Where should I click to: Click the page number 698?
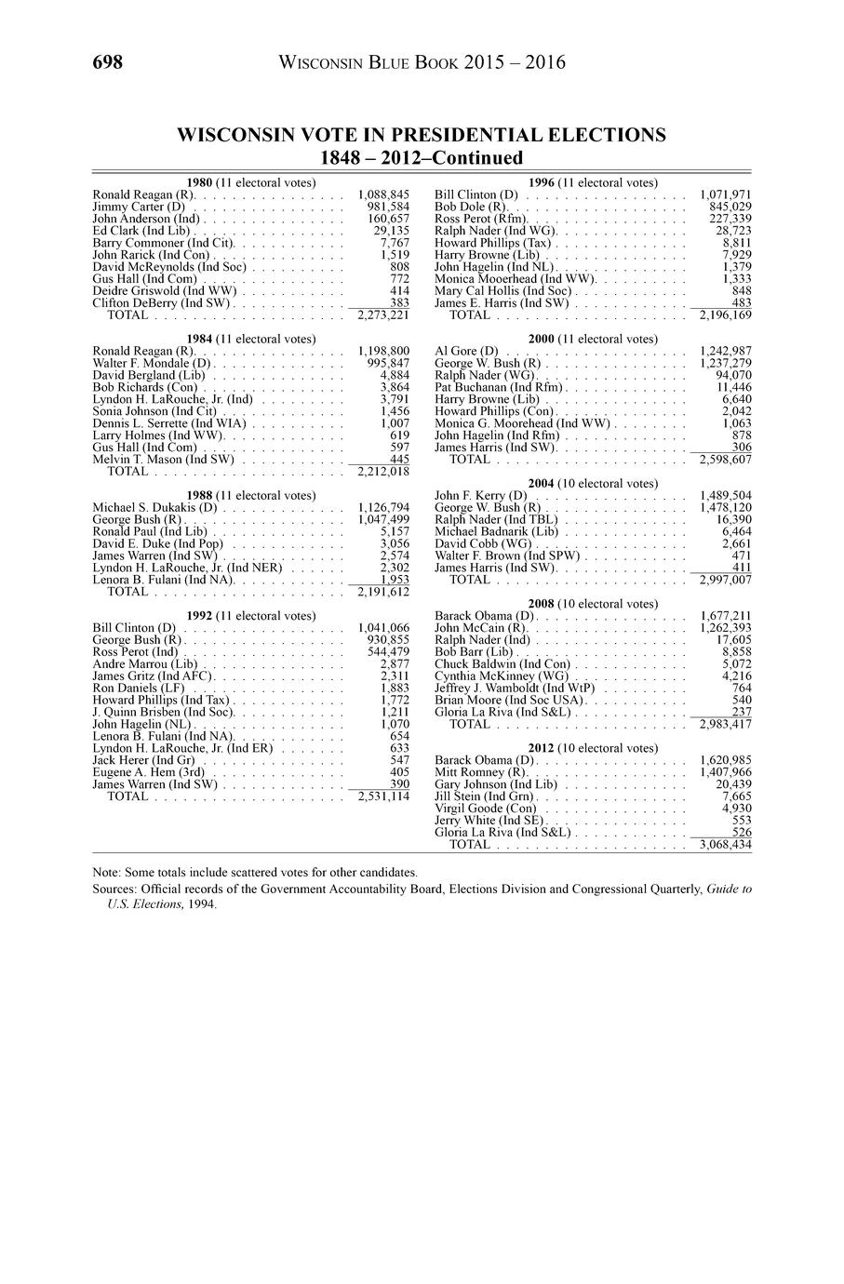tap(108, 62)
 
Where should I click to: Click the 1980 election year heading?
tap(199, 182)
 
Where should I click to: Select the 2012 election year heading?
tap(541, 748)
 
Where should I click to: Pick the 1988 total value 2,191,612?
tap(383, 592)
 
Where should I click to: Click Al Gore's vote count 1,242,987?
tap(725, 351)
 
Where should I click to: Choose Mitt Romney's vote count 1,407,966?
tap(725, 772)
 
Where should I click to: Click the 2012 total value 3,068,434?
tap(725, 845)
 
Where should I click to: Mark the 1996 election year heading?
tap(541, 182)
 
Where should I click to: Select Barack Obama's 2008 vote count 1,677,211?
tap(725, 616)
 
